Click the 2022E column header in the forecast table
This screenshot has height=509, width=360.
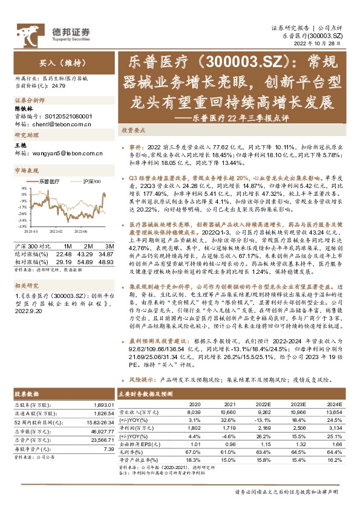pyautogui.click(x=263, y=403)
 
